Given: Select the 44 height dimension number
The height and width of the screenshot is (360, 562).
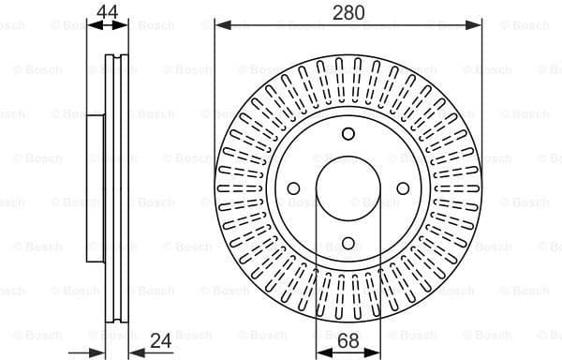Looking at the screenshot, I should [x=108, y=11].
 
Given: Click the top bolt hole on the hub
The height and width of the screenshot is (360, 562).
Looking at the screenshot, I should [x=348, y=133].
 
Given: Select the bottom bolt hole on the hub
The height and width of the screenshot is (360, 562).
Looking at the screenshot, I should [x=348, y=244].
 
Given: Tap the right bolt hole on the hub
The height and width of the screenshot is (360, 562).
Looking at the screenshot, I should [x=404, y=188].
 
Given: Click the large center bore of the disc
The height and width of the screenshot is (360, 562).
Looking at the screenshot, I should [x=348, y=188].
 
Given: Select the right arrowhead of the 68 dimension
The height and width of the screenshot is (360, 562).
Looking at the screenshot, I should [x=376, y=351].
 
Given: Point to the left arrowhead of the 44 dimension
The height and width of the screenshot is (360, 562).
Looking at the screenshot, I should [x=92, y=25].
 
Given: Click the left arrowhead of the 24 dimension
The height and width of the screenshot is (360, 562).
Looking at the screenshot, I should [x=101, y=351].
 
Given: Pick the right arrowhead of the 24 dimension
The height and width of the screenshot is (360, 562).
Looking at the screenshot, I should [x=129, y=351].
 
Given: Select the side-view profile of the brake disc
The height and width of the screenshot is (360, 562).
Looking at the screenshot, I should [x=109, y=187].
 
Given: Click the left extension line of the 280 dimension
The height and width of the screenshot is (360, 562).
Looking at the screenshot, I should [x=215, y=94].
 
